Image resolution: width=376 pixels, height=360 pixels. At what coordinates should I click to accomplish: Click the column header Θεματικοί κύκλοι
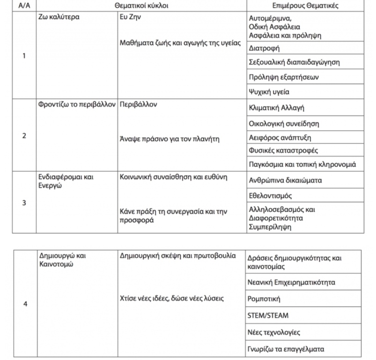141,6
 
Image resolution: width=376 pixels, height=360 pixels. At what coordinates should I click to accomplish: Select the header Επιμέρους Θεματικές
305,6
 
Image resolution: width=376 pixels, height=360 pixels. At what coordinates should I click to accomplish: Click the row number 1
24,56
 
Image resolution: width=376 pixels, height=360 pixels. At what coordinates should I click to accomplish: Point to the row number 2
24,136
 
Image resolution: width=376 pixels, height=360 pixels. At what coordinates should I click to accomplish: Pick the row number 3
24,203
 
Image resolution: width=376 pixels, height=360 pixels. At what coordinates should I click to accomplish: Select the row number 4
25,304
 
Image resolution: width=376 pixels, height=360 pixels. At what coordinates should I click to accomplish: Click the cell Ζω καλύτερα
59,17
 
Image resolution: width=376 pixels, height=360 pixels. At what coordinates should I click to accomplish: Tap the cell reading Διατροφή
265,47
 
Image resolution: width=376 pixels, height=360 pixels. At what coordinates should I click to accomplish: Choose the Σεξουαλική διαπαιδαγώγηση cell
294,62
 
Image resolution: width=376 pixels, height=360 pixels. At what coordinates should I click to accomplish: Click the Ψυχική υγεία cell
269,92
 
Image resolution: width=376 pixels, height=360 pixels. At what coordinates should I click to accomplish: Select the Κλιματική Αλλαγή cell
277,108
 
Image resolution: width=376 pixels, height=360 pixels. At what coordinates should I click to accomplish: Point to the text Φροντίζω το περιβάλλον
76,105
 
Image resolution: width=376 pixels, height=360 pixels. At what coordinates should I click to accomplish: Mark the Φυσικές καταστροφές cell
283,150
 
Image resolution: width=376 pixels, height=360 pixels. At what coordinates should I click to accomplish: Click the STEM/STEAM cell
269,315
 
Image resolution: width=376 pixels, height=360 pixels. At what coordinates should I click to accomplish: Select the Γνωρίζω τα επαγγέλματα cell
286,349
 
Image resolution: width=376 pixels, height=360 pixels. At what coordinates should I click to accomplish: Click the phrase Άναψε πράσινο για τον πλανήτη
169,139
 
